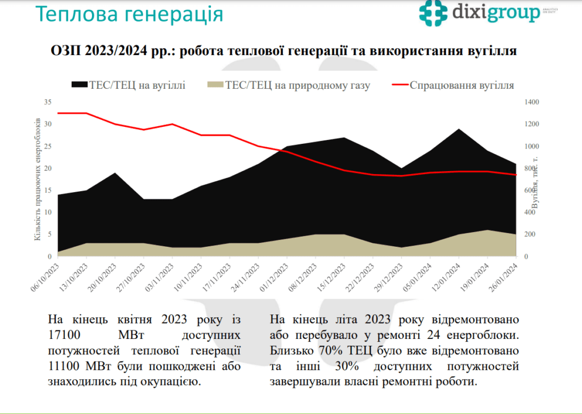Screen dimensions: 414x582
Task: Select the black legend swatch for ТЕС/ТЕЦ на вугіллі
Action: (79, 85)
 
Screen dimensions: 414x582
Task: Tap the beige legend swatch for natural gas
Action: (215, 85)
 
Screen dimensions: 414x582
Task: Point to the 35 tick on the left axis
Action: (48, 102)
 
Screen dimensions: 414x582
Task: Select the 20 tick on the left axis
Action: (48, 168)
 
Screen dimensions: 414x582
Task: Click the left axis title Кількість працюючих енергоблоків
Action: (38, 179)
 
